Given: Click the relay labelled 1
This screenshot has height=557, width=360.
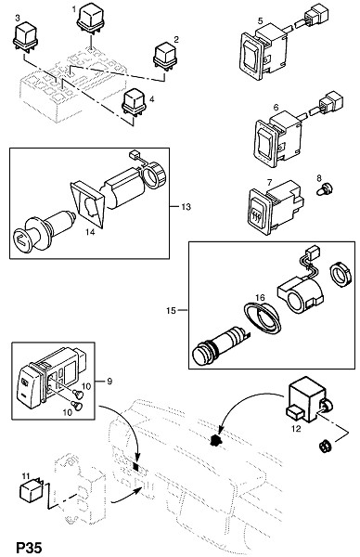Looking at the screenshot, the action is (90, 19).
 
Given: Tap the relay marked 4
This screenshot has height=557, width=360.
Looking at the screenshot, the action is (135, 101).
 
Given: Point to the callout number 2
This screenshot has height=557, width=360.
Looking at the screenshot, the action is (176, 39).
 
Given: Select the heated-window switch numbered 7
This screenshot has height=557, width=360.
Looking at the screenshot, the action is (275, 207).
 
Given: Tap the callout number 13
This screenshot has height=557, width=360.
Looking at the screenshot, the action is (186, 206).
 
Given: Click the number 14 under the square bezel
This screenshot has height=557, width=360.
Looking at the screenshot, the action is (90, 232).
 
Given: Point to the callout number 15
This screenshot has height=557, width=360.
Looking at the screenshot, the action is (171, 310).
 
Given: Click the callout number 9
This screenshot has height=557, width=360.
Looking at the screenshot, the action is (109, 382).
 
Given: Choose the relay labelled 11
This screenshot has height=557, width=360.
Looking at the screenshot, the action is (31, 489).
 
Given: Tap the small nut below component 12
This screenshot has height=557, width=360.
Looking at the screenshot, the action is (325, 446).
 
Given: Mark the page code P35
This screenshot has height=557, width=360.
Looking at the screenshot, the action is (29, 547).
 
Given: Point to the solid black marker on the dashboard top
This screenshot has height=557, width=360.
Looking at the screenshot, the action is (214, 440).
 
